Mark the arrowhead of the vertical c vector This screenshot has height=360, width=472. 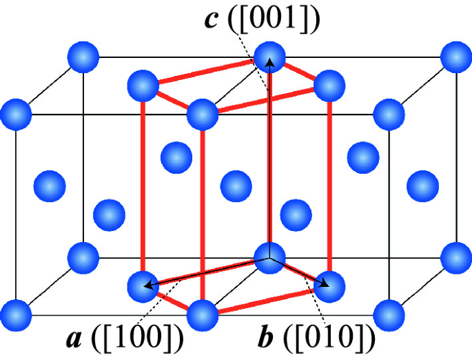click(269, 61)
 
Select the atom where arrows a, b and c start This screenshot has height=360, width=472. click(269, 257)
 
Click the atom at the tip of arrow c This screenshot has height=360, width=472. click(269, 56)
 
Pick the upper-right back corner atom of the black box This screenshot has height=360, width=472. click(455, 56)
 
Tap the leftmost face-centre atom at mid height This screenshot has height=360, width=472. click(50, 186)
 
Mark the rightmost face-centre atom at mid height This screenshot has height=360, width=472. click(422, 186)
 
